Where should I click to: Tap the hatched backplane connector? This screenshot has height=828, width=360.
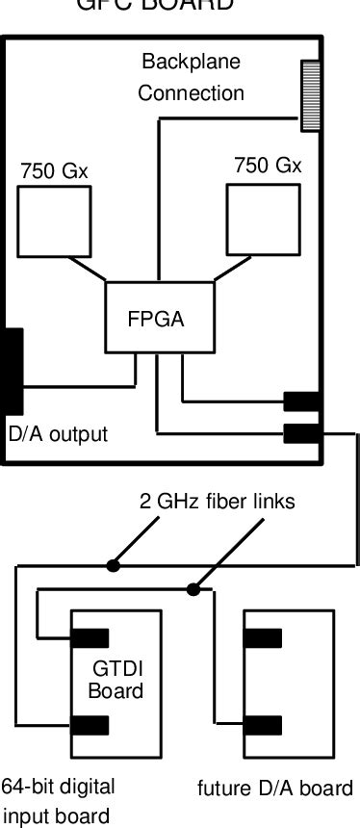[311, 94]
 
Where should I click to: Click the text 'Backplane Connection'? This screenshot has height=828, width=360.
[191, 78]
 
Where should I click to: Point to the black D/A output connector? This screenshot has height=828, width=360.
[13, 371]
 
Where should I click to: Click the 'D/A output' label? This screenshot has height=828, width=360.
[58, 434]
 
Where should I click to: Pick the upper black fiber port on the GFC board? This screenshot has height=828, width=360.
[301, 401]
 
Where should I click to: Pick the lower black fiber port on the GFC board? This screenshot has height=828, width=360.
[301, 432]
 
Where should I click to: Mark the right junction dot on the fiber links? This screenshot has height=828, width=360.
[194, 588]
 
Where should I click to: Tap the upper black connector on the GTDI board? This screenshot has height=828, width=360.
[89, 637]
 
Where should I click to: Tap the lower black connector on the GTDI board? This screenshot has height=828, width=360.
[89, 724]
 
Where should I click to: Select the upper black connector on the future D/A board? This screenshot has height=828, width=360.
[264, 637]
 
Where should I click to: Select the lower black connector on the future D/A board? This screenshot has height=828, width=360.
[264, 724]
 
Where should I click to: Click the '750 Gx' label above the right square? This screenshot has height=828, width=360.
[268, 165]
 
